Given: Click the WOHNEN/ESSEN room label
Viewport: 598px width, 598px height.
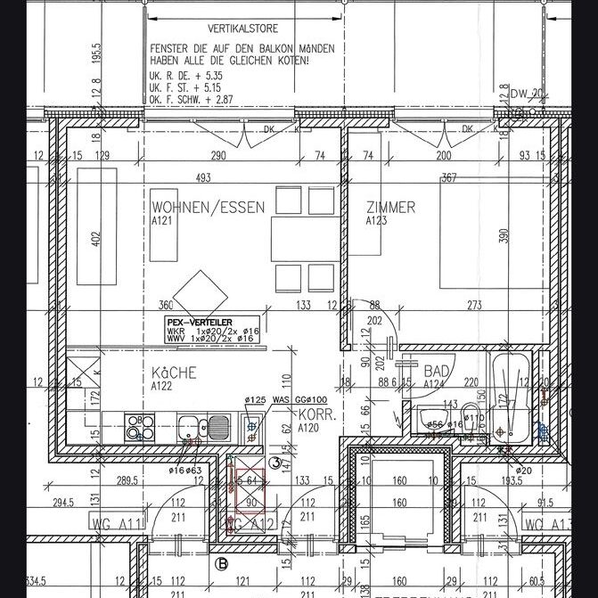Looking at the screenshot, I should pos(209,208).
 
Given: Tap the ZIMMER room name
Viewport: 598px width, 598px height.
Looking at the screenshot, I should pos(390,208).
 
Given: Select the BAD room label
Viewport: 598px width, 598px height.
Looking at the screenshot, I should pos(437,370).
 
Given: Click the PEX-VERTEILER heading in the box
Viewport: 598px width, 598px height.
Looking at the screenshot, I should pos(197,322).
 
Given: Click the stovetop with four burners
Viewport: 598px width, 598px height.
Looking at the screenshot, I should pos(138,427).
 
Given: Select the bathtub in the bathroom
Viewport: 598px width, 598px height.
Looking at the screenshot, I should pos(511,399).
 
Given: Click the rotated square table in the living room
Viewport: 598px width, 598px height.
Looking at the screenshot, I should pos(200,292).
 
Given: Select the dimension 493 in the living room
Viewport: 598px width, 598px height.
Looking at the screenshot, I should pos(203,178).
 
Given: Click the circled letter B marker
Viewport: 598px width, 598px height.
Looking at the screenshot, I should pos(221,563).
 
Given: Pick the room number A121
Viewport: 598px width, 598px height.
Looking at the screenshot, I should pos(161,220).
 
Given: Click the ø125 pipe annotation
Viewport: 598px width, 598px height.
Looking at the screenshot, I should pos(255,400).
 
